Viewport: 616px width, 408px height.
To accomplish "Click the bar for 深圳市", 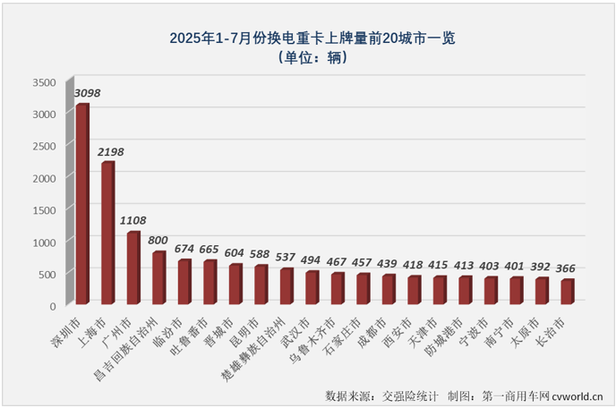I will point(81,204).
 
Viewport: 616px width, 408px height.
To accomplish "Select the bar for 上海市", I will point(107,234).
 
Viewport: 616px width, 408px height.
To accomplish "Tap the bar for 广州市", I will point(133,268).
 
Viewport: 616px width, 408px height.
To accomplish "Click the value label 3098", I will point(87,93).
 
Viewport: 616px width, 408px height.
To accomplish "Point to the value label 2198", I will point(112,152).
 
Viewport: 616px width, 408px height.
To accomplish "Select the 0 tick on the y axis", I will point(52,306).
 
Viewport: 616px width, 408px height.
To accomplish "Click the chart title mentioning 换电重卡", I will point(307,38).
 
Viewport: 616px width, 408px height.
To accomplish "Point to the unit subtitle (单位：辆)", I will point(307,58).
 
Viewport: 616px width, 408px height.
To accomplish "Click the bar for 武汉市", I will point(311,287).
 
